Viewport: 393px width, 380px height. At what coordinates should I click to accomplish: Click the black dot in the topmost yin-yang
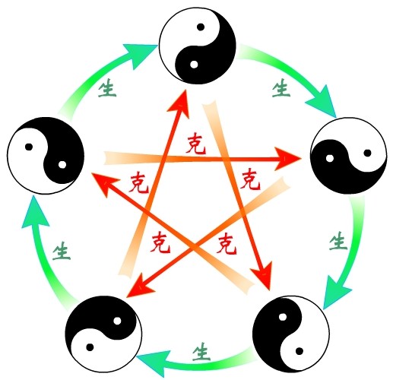(x=201, y=27)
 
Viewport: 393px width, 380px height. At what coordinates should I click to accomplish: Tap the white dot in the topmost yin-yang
(x=194, y=65)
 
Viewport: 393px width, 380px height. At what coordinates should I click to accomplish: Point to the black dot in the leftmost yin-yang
(x=29, y=147)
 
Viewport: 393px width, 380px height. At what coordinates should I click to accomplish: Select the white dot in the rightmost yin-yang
(x=330, y=158)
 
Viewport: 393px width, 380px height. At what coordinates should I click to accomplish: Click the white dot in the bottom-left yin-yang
(x=117, y=321)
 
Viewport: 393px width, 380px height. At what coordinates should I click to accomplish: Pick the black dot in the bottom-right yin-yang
(x=300, y=351)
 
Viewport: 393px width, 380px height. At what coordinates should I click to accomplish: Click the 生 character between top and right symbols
(x=281, y=87)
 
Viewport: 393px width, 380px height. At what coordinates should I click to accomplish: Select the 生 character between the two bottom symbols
(x=201, y=352)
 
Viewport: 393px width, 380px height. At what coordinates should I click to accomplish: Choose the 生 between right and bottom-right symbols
(x=338, y=241)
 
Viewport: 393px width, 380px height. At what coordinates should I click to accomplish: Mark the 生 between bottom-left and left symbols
(x=62, y=251)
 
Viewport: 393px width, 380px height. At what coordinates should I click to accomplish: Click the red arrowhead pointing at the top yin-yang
(x=180, y=103)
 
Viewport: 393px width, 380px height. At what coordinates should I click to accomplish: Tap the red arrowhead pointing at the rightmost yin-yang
(x=287, y=159)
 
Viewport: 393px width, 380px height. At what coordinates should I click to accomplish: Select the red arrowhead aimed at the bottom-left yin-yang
(x=139, y=287)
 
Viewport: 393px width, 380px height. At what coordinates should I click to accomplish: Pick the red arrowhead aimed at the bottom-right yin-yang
(x=264, y=275)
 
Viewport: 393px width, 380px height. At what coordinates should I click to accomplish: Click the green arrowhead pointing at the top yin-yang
(x=141, y=55)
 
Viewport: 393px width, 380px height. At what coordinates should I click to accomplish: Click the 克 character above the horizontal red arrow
(x=196, y=144)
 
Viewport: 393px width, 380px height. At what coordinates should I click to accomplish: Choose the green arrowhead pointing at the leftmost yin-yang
(x=35, y=213)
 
